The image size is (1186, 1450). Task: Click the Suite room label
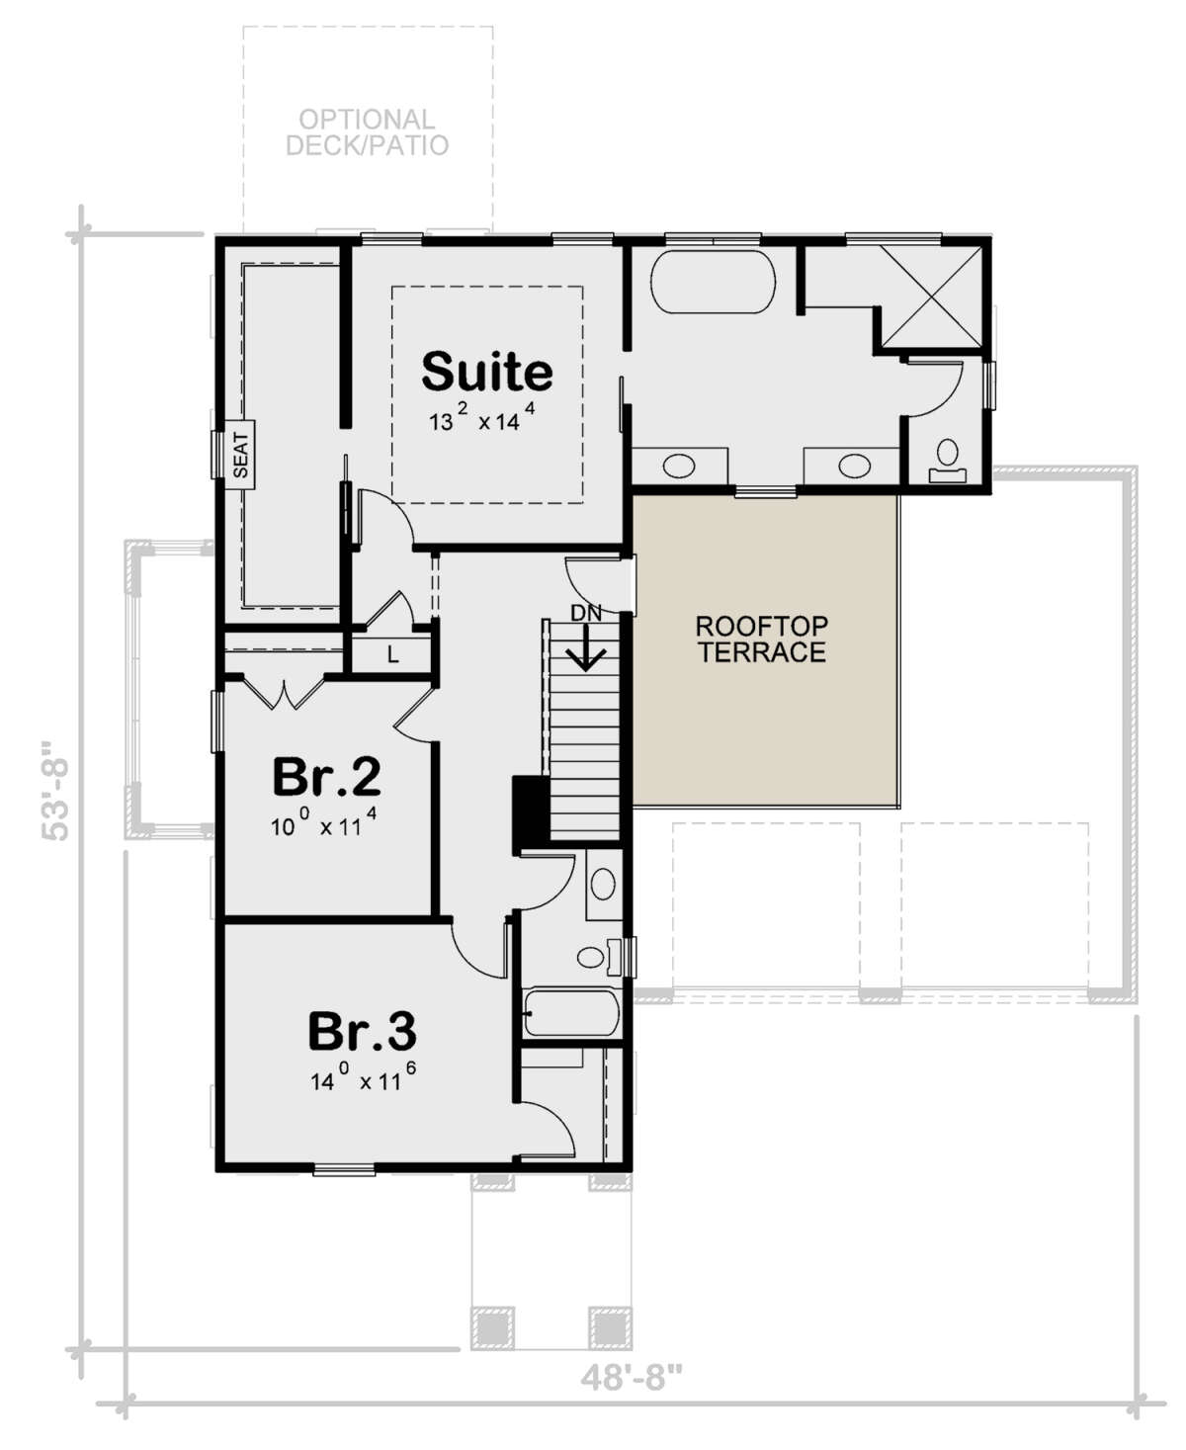point(486,372)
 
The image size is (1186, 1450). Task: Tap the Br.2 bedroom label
point(326,777)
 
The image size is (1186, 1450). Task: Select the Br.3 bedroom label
point(362,1032)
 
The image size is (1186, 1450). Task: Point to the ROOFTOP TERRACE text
point(761,639)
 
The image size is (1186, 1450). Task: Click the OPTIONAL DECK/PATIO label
point(367,132)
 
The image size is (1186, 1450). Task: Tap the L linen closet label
point(392,654)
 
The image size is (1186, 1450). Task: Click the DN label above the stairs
point(586,613)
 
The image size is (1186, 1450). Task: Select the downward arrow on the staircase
point(586,652)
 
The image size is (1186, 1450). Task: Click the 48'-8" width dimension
point(632,1377)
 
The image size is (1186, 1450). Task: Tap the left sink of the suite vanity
point(679,466)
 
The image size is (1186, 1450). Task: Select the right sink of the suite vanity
point(853,466)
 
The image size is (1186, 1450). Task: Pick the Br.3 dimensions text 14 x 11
point(356,1079)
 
